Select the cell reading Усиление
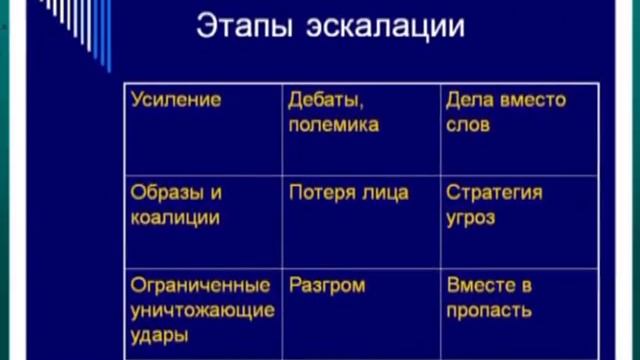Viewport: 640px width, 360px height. coord(175,100)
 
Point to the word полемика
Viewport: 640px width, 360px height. coord(333,125)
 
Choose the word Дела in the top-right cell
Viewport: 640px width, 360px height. coord(468,100)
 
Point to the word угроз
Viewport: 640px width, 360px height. coord(471,217)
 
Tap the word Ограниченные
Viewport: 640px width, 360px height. coord(200,285)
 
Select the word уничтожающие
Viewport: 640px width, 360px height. coord(202,309)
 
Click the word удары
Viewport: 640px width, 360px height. coord(156,334)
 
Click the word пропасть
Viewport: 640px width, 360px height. coord(489,309)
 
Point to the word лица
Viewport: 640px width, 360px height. coord(386,192)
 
